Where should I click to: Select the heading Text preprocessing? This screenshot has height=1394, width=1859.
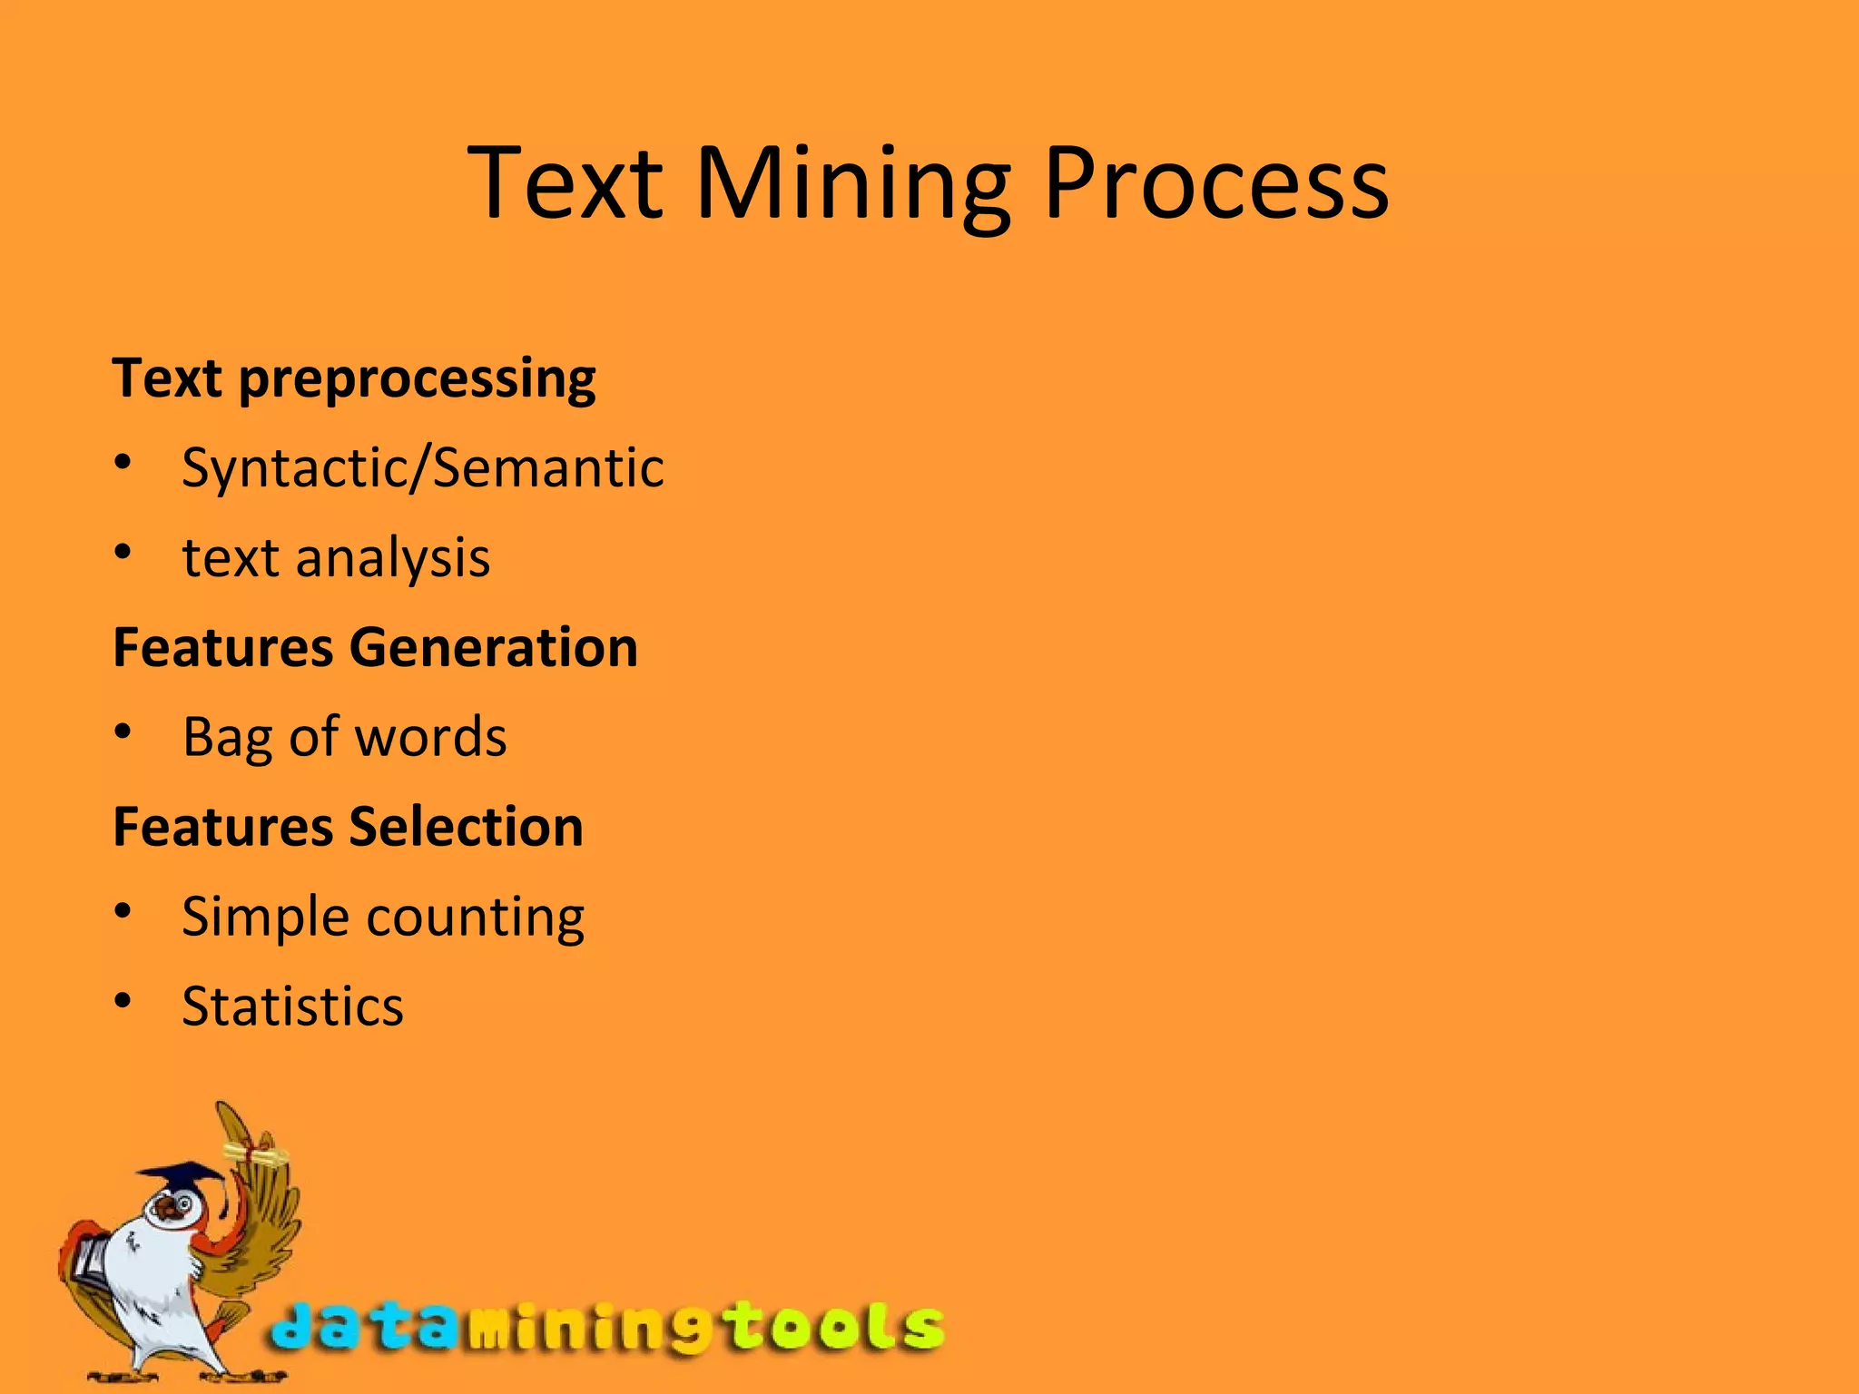coord(354,378)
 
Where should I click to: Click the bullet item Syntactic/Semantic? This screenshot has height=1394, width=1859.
coord(423,468)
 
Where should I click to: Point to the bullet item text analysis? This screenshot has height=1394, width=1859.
coord(336,557)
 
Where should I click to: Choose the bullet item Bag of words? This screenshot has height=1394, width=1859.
coord(344,737)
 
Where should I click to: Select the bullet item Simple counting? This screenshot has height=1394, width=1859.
coord(383,917)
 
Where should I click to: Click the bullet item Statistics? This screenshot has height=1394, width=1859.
coord(292,1006)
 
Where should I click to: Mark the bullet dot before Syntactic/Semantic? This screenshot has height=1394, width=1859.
coord(123,463)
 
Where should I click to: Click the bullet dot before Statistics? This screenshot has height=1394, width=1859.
coord(123,1001)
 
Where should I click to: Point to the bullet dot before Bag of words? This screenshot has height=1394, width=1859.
coord(123,731)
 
